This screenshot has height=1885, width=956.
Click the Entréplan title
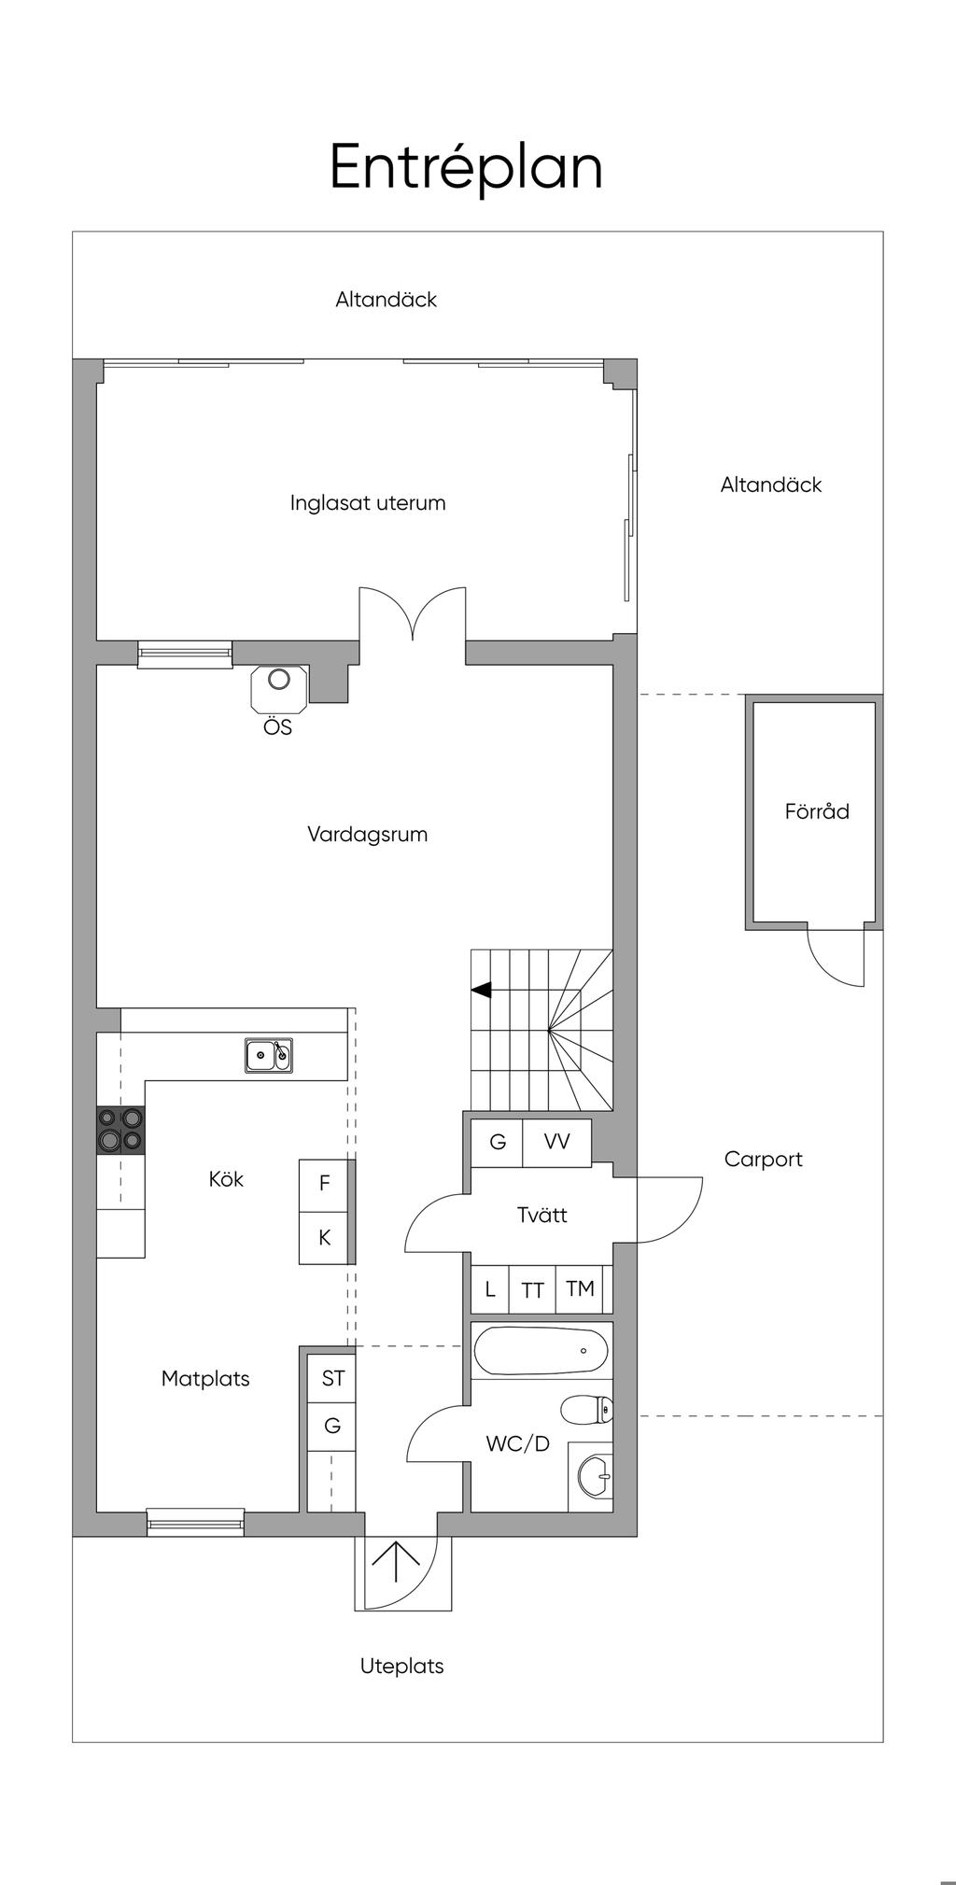tap(466, 168)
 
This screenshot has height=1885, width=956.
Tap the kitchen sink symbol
tap(269, 1055)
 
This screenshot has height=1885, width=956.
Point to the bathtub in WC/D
tap(541, 1351)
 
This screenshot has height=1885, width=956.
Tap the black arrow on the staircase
tap(482, 990)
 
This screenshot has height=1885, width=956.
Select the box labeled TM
tap(581, 1289)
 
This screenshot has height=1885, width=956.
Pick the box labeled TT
tap(532, 1289)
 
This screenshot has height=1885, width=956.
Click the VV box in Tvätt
tap(556, 1142)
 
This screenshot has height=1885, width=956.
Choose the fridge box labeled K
tap(324, 1238)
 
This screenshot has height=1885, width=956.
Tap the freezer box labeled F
tap(324, 1185)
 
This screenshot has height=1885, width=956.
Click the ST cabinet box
tap(332, 1378)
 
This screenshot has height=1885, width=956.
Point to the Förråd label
tap(817, 811)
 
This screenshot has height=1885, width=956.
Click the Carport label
tap(764, 1160)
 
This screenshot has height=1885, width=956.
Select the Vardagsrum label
tap(368, 835)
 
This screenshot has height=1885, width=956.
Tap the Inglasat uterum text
tap(368, 503)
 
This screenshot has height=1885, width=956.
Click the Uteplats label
tap(402, 1666)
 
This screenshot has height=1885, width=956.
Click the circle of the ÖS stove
tap(279, 679)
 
